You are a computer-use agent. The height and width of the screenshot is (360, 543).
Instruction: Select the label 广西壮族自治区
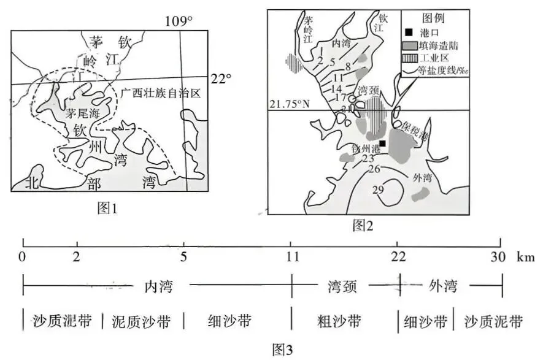click(161, 94)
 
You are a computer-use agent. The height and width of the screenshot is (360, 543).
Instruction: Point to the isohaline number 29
click(379, 190)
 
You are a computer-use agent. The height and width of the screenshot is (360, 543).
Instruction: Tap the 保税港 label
click(415, 130)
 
